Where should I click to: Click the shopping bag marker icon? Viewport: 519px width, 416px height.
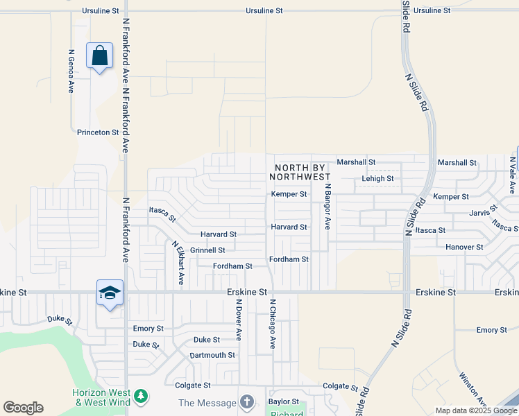coord(100,55)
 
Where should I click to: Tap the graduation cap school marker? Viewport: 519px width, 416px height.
coord(110,294)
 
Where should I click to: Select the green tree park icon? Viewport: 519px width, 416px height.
coord(141,396)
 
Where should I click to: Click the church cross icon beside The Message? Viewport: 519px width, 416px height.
coord(246,402)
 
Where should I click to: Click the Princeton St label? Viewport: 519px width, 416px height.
coord(93,132)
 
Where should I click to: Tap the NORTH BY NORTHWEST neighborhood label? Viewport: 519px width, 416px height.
coord(302,172)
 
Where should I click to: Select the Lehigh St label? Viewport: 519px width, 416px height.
coord(378,178)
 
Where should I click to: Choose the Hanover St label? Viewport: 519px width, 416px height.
coord(464,247)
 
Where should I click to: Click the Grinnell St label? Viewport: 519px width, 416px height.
coord(207,250)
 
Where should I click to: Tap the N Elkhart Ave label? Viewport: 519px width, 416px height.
coord(178,263)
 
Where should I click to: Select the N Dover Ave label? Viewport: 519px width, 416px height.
coord(237,319)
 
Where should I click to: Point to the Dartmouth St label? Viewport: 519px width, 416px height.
coord(212,355)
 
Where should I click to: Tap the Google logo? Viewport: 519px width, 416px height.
coord(23,408)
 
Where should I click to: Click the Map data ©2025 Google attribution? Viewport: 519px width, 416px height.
coord(476,410)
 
